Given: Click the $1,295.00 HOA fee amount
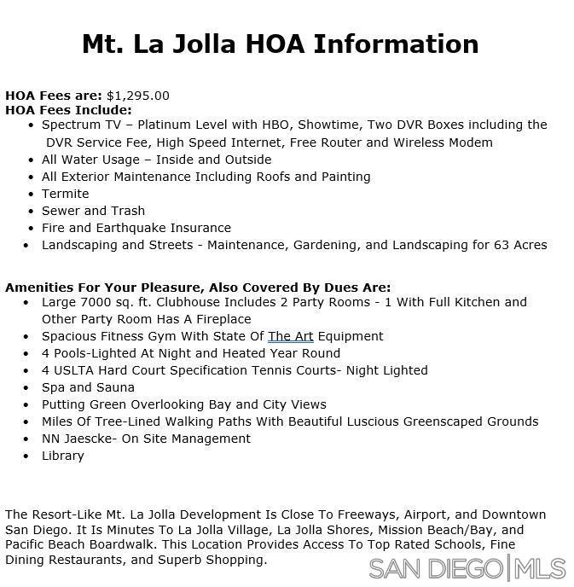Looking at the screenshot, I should [138, 96].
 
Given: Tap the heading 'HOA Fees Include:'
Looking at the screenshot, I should [68, 110].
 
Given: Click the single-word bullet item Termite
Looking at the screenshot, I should [65, 194].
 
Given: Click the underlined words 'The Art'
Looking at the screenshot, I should [291, 336].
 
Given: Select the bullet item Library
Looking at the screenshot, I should [63, 456].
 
